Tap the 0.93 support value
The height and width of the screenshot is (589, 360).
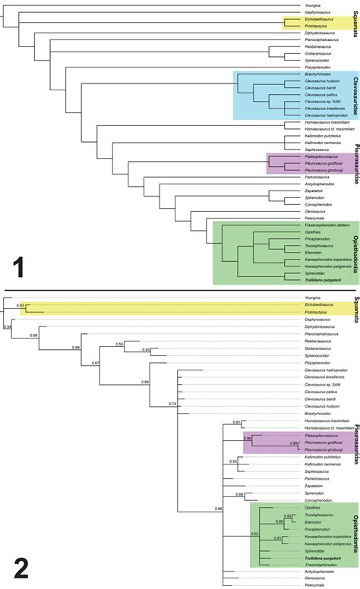click(21, 305)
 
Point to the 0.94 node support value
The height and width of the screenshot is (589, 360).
click(7, 327)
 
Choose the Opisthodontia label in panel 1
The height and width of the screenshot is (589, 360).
click(354, 235)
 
